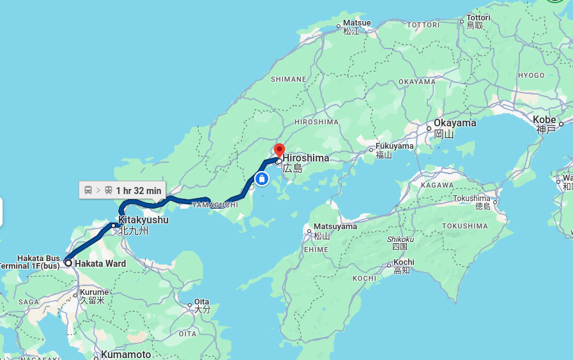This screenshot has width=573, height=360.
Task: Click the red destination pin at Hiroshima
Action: tap(279, 151)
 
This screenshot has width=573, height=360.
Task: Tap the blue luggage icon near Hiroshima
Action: tap(261, 179)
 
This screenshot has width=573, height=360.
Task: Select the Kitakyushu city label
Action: tap(143, 220)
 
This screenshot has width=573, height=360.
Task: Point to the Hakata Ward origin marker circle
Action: tap(68, 262)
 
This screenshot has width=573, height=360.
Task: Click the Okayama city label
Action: tap(455, 123)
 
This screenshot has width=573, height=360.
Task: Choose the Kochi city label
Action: tap(404, 262)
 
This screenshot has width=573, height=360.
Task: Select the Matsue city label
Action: tap(356, 23)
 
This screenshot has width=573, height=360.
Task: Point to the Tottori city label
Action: tap(478, 18)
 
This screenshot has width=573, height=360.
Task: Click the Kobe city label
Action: tap(544, 120)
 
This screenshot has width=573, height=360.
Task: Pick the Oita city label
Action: tap(202, 301)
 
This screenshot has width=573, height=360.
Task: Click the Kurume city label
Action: tap(94, 292)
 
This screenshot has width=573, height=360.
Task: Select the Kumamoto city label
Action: tap(126, 354)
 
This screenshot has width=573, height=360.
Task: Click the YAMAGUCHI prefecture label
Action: tap(215, 205)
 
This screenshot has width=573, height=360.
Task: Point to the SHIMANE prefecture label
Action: tap(288, 79)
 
